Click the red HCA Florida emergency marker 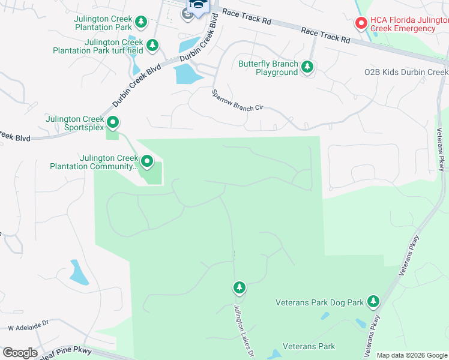coord(361,23)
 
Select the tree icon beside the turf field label coord(153,45)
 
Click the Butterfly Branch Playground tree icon coord(307,67)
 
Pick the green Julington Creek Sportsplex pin coord(112,123)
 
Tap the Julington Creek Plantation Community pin coord(147,161)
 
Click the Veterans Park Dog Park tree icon coord(373,301)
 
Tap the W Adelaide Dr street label coord(28,329)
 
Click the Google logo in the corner coord(20,353)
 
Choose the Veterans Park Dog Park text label coord(320,302)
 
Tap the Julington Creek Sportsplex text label coord(74,123)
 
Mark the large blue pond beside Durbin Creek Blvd coord(188,74)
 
